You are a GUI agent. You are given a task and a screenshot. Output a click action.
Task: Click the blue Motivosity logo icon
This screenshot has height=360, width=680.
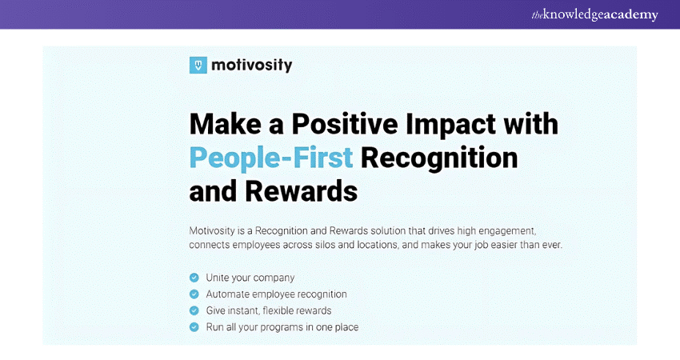[198, 65]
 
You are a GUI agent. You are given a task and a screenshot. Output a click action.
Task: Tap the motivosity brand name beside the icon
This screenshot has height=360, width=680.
[251, 66]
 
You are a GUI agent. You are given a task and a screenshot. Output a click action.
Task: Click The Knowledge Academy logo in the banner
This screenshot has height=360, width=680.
[594, 14]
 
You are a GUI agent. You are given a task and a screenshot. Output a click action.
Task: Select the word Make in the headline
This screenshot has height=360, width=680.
[226, 124]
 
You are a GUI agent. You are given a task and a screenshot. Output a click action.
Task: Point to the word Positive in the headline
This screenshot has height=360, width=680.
[345, 124]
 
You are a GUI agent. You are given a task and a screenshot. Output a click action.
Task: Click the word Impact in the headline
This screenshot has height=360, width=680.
[450, 125]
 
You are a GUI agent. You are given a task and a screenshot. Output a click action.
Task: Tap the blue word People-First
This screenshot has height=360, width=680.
[271, 158]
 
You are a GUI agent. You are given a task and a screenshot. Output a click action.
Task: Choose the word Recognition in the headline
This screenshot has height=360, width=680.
[439, 158]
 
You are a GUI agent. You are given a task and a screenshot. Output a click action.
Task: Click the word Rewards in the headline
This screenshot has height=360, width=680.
[302, 191]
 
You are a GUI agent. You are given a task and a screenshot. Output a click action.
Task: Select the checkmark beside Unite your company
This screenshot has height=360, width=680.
[194, 278]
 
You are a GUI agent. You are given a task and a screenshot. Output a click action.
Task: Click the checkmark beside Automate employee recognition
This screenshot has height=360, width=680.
[194, 294]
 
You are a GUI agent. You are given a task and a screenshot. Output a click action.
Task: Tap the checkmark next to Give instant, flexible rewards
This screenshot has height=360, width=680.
[194, 310]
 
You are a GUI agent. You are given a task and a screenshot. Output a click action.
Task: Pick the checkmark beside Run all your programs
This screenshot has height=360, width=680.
[194, 327]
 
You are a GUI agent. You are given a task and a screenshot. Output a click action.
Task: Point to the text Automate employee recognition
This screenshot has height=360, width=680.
[276, 294]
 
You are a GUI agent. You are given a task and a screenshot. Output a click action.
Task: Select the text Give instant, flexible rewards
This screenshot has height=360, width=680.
[269, 311]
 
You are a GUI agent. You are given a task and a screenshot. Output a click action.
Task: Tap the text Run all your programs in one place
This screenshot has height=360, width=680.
[282, 327]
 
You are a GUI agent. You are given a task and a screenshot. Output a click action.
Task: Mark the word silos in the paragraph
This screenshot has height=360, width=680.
[325, 245]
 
